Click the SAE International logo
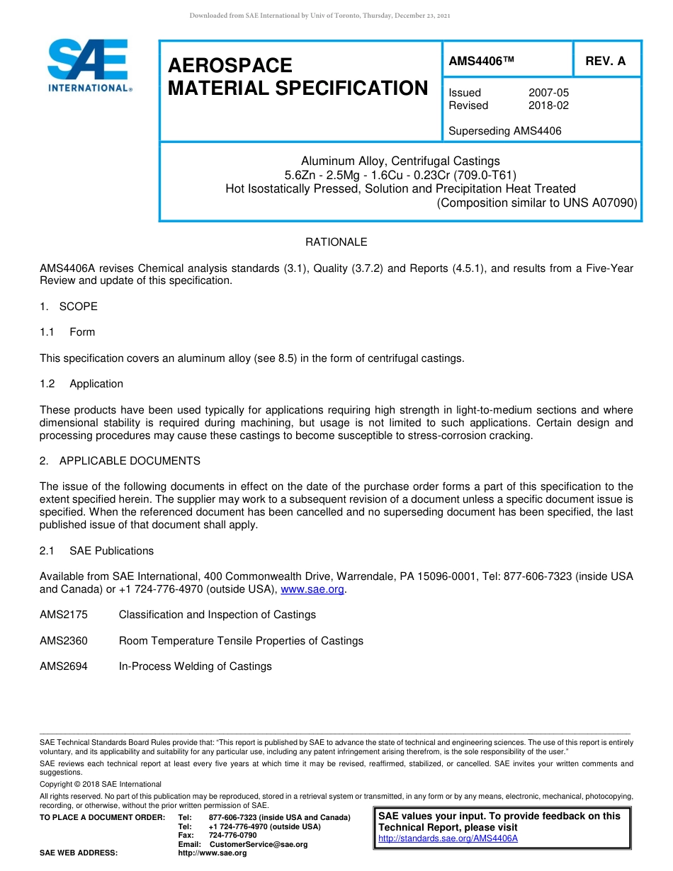[89, 65]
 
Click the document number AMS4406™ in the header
[481, 62]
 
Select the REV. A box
[606, 62]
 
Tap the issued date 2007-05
[548, 93]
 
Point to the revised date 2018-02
[548, 106]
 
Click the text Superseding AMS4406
[505, 130]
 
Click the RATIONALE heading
[336, 242]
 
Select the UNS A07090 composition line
[537, 203]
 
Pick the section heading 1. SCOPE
[69, 307]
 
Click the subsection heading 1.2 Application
[96, 384]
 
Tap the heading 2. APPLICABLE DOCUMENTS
[120, 461]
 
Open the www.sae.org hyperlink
[312, 589]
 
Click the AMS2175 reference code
[64, 615]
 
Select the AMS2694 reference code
[64, 666]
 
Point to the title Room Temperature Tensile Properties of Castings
[241, 641]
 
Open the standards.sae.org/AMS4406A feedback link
[448, 838]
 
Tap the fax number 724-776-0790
[232, 836]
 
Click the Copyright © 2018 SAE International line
[101, 785]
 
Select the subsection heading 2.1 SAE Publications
[111, 551]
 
